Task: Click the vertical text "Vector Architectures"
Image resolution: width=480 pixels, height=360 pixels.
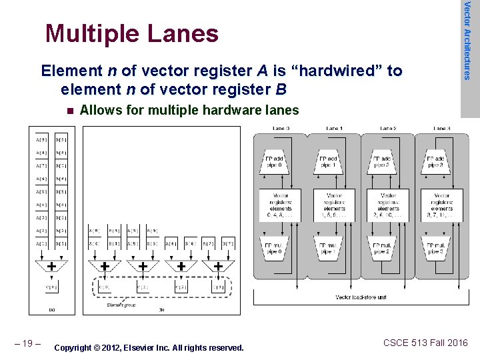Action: coord(468,40)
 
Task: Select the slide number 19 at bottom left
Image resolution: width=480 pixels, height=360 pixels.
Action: coord(28,343)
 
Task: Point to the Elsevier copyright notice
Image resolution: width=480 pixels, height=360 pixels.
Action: coord(149,347)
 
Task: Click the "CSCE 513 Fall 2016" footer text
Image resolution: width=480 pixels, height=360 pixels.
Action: coord(425,343)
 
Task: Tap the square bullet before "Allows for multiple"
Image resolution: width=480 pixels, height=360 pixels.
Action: coord(68,111)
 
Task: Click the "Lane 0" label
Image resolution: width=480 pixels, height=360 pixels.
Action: coord(280,128)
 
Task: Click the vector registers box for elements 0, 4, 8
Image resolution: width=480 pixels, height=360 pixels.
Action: coord(281,205)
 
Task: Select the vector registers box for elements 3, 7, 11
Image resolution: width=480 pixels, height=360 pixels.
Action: coord(442,205)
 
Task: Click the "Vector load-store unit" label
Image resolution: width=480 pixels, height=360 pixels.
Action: coord(360,297)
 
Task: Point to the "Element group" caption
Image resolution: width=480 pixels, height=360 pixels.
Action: coord(122,304)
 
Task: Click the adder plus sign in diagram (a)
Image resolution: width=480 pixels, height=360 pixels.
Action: coord(51,266)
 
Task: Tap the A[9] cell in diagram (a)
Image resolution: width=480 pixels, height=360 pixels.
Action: coord(42,139)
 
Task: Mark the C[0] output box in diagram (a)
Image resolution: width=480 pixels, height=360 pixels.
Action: coord(51,287)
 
